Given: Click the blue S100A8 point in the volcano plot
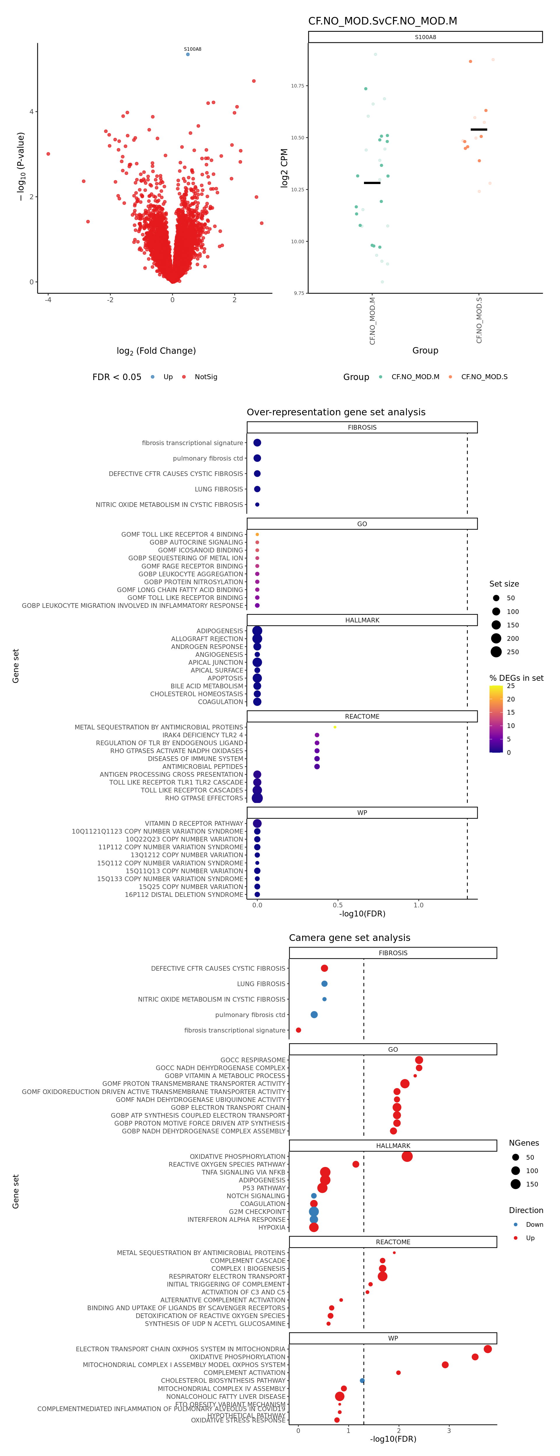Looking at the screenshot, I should pos(188,54).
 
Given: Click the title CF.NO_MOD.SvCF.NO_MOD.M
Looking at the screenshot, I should pos(383,21).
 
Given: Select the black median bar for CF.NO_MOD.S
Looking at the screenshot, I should pos(479,129).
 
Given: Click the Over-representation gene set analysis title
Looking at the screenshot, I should pos(336,412).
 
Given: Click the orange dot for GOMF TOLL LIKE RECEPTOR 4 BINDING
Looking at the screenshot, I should pos(257,534).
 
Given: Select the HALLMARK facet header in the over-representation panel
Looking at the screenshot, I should pos(362,620).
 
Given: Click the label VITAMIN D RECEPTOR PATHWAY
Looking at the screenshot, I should pos(194,824).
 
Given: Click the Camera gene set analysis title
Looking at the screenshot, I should pos(349,938).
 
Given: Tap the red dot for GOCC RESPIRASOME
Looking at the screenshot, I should pos(419,1060).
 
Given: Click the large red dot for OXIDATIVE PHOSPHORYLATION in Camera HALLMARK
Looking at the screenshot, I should pos(407,1156).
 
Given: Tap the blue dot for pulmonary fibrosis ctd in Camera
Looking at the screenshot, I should pos(314,1015).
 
